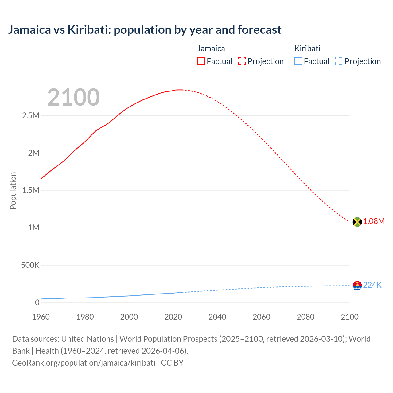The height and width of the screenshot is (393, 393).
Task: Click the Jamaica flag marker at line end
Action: [x=357, y=222]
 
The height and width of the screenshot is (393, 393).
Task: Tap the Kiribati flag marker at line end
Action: [x=357, y=286]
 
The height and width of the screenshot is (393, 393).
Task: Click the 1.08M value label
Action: [x=374, y=221]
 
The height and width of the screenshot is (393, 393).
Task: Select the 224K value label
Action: [x=372, y=285]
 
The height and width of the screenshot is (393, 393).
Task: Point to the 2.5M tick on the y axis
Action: [x=31, y=116]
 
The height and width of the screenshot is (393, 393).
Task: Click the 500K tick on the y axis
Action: [x=30, y=265]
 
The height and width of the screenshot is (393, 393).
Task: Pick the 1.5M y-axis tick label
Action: [x=31, y=190]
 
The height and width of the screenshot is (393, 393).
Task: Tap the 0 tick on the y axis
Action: [x=37, y=303]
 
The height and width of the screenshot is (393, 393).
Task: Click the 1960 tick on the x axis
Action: [x=41, y=317]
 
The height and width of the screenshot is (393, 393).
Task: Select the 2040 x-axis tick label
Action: [x=217, y=317]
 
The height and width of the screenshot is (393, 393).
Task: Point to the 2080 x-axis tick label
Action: [x=305, y=317]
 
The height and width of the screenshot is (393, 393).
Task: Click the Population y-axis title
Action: [x=13, y=191]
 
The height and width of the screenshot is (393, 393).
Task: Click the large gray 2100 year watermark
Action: [x=73, y=97]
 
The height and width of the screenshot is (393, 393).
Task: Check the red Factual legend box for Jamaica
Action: [x=201, y=61]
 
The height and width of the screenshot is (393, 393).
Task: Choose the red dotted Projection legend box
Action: [x=242, y=61]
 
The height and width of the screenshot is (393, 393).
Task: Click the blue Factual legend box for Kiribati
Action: [x=298, y=61]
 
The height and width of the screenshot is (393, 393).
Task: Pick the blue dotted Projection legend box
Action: [x=339, y=61]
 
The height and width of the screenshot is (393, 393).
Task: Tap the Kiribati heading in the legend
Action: [x=307, y=49]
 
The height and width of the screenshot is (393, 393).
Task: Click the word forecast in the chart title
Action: [x=259, y=30]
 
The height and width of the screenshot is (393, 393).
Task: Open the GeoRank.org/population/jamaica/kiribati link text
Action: [x=84, y=363]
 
